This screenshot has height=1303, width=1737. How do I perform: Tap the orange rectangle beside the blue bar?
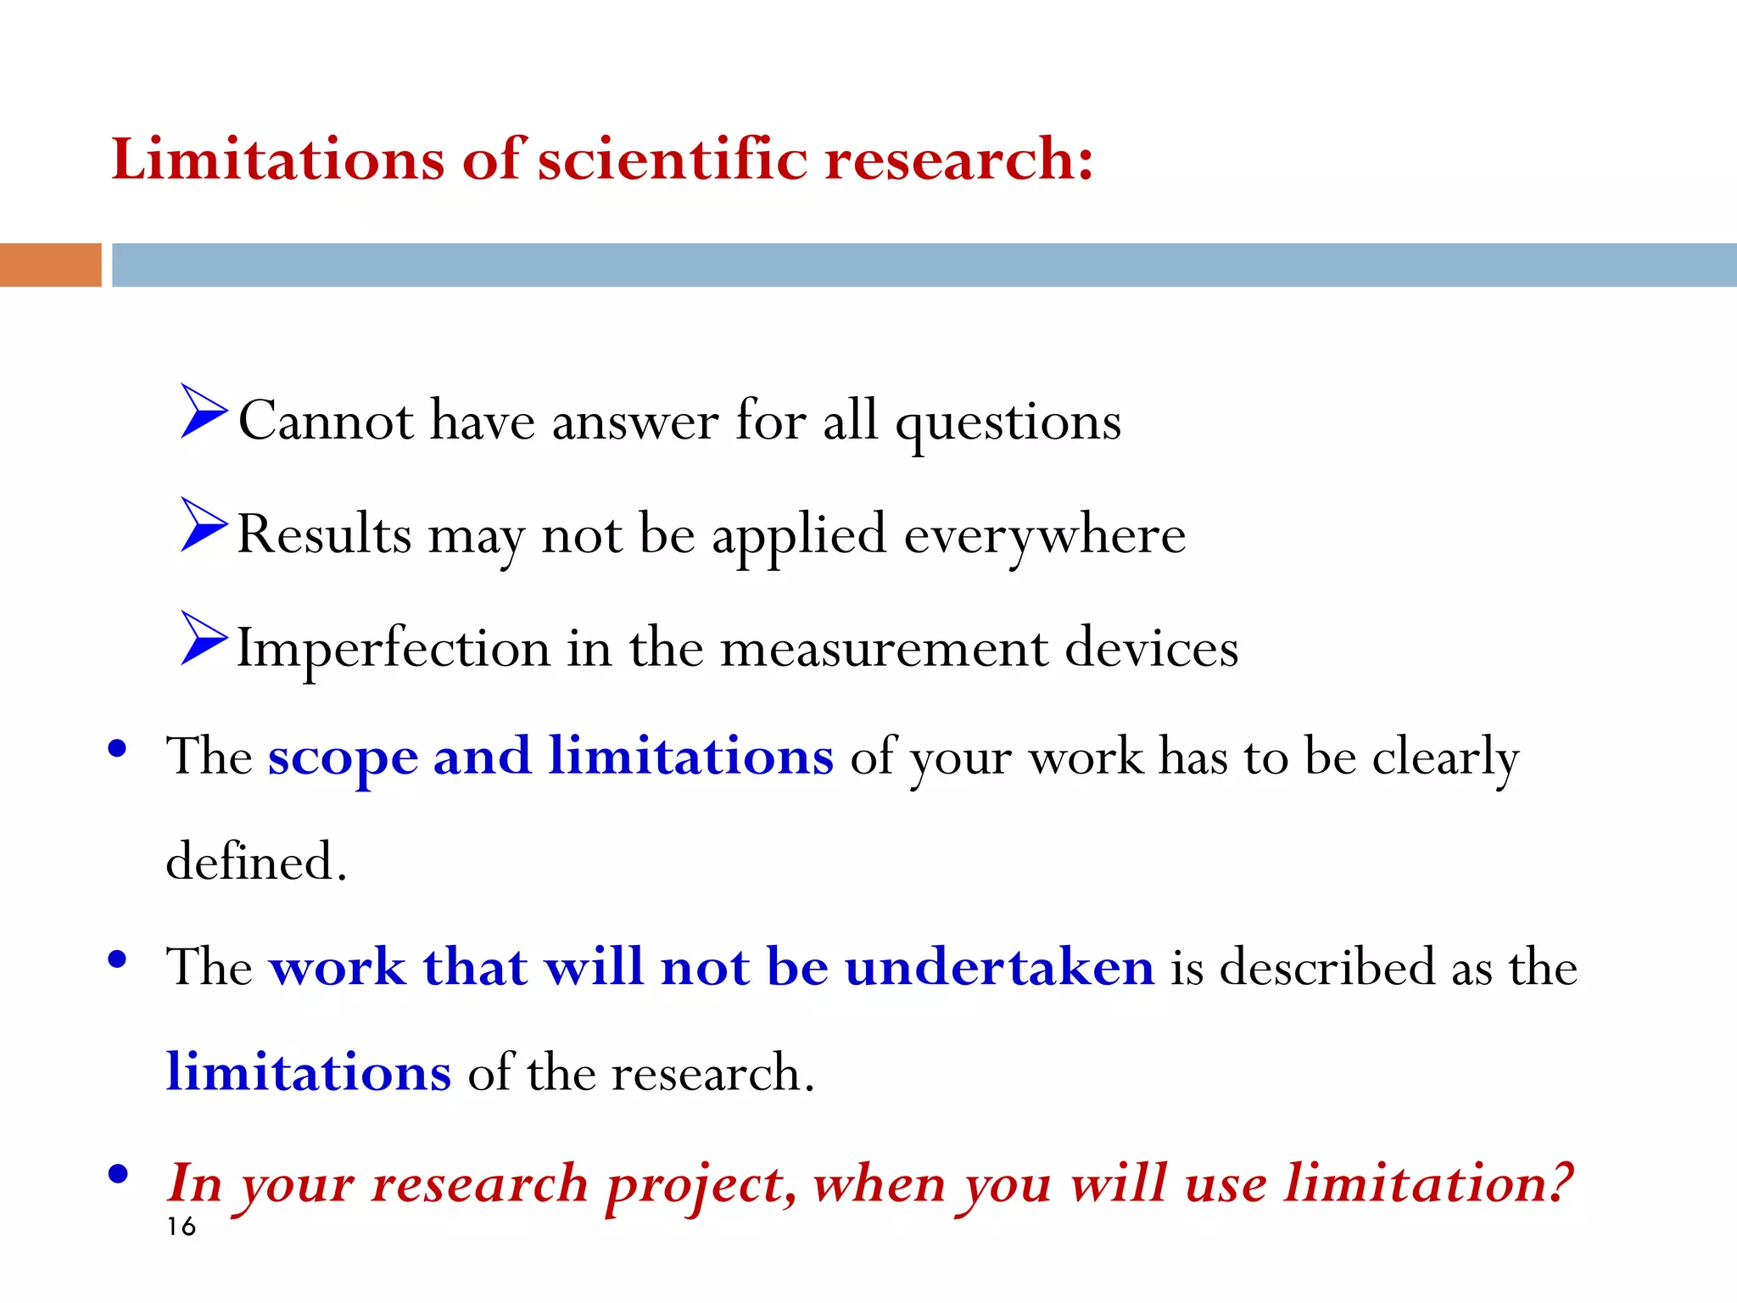click(x=50, y=265)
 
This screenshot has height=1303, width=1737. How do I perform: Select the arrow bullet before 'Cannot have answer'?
click(x=203, y=411)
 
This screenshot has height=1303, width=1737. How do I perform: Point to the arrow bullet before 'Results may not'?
click(x=203, y=525)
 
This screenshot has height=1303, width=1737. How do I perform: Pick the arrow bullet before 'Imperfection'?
click(x=203, y=638)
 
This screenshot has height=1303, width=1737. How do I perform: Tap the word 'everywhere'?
click(x=1044, y=535)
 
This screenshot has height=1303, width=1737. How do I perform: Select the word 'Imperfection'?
click(x=393, y=649)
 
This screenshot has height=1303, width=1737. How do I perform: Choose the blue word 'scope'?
click(x=343, y=756)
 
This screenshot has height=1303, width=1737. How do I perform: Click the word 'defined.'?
click(x=256, y=862)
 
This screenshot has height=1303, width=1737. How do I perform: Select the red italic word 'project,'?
click(x=701, y=1184)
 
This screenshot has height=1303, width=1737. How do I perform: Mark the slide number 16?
click(x=181, y=1227)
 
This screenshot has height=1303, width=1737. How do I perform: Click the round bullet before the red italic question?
click(x=118, y=1174)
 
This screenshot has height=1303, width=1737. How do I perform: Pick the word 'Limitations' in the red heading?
click(x=278, y=159)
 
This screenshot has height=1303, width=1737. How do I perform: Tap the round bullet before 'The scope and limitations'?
click(x=118, y=748)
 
